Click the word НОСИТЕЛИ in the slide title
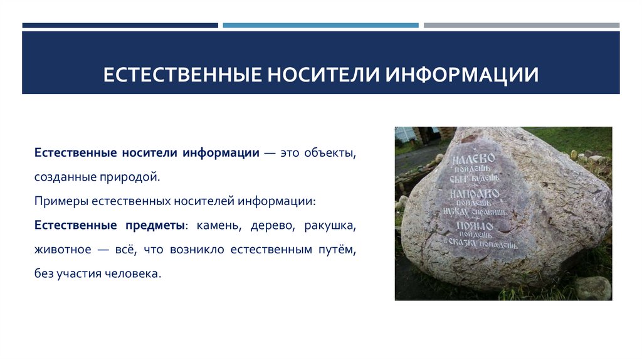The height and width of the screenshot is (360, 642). click(324, 75)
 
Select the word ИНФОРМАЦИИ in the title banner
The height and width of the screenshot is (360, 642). click(461, 75)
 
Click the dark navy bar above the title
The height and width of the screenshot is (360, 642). click(120, 26)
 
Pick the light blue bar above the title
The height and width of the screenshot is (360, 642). click(320, 26)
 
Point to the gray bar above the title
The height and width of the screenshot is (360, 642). click(521, 26)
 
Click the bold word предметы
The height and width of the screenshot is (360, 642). click(157, 225)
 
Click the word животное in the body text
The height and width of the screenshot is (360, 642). click(61, 250)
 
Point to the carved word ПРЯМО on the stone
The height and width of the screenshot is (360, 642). click(475, 226)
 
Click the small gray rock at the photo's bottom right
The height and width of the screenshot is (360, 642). click(593, 288)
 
